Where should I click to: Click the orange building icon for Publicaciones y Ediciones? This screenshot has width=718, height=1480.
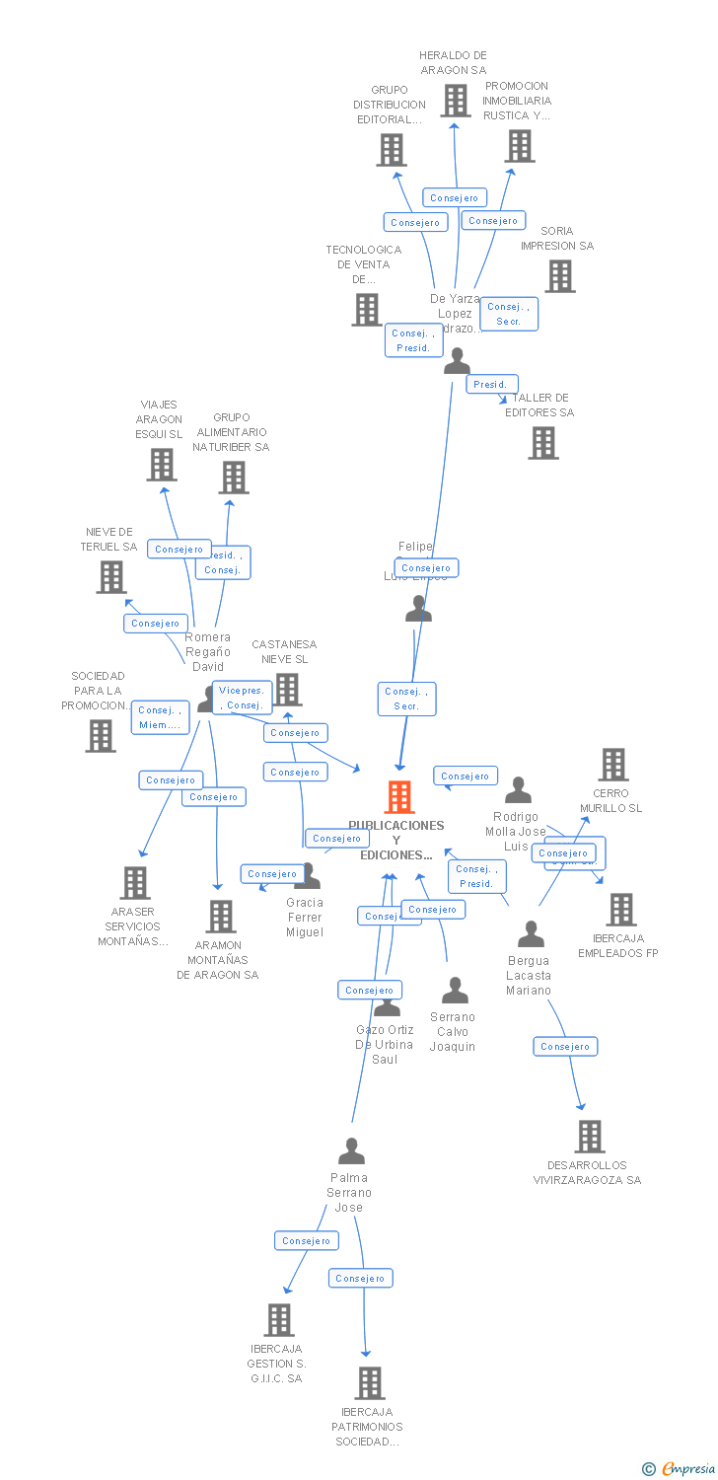[x=398, y=797]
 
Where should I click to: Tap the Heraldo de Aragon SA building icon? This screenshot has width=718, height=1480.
[x=455, y=100]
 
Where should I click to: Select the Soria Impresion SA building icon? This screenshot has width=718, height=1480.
[x=560, y=276]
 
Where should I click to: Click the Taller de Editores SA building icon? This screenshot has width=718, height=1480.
[x=542, y=443]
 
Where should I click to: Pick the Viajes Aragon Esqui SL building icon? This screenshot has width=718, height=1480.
[x=161, y=465]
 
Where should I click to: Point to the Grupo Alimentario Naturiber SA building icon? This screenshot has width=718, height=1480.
[x=233, y=478]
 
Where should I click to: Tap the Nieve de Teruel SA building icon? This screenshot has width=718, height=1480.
[x=111, y=577]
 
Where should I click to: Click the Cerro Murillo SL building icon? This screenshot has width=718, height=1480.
[x=613, y=765]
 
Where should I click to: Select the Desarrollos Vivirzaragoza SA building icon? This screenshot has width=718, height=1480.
[x=589, y=1137]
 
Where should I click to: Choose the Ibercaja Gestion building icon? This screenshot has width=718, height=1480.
[x=279, y=1320]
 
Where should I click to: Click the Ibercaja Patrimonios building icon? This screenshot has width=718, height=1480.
[x=369, y=1383]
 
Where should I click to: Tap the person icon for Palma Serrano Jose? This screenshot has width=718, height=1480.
[x=351, y=1150]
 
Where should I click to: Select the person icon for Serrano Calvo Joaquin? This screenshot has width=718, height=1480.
[x=455, y=990]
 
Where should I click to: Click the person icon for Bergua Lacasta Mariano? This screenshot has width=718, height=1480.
[x=531, y=933]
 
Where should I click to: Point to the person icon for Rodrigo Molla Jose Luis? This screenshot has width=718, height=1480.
[x=518, y=790]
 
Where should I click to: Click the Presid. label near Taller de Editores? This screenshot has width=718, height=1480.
[x=490, y=384]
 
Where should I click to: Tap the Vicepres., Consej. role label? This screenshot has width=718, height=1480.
[x=242, y=698]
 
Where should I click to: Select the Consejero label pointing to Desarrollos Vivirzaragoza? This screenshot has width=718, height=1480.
[x=565, y=1046]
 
